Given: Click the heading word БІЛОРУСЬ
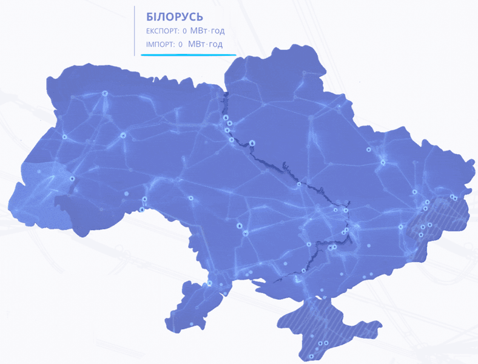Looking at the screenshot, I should [x=175, y=16].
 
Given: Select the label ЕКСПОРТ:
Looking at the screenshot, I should [x=163, y=31].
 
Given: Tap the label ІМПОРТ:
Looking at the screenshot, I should [x=160, y=44].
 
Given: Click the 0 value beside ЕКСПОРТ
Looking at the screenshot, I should [x=184, y=31].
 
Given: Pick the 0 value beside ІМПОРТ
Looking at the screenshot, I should [x=181, y=44].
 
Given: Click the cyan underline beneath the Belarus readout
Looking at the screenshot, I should [x=188, y=55].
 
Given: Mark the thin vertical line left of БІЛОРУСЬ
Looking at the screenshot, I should [x=135, y=30].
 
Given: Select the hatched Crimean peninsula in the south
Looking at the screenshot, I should [x=331, y=322].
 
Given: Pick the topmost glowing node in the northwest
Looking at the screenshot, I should [x=104, y=93].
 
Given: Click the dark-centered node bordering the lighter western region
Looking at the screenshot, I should [x=72, y=178].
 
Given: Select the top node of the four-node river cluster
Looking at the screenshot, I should [x=225, y=118].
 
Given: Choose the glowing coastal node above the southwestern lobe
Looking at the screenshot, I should [x=209, y=283].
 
